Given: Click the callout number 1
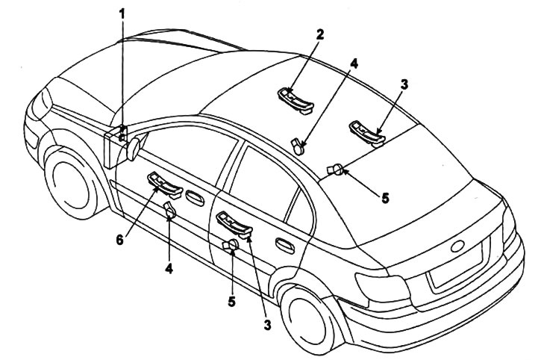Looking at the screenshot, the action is [x=122, y=14].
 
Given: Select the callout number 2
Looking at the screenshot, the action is [x=320, y=34].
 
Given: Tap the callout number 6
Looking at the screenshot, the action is [x=119, y=240].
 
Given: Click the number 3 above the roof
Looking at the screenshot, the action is [x=404, y=84].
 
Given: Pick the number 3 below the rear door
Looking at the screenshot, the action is [x=267, y=325].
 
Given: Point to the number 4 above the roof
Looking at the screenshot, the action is [x=354, y=64].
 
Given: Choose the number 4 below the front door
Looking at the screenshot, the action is [x=169, y=268].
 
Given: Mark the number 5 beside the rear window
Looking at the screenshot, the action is [x=385, y=199].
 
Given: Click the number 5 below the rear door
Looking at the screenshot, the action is [x=231, y=301].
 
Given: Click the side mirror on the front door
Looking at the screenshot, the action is [x=134, y=149].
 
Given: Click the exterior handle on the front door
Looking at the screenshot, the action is [x=195, y=198].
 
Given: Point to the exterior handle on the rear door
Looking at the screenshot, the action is [x=285, y=246].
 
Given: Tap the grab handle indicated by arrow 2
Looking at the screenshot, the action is [x=295, y=101].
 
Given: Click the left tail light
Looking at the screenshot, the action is [x=383, y=288].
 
